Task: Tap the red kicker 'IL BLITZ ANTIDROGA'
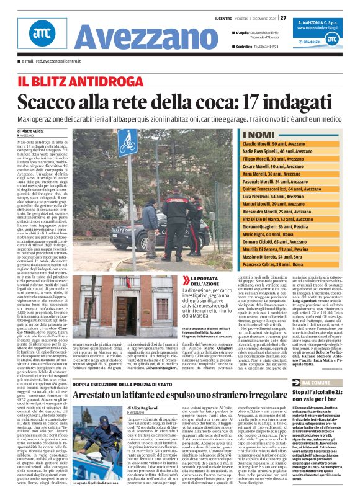[x=73, y=81]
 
